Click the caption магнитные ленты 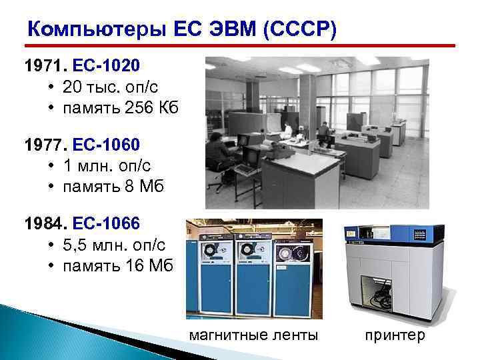(x=253, y=335)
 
